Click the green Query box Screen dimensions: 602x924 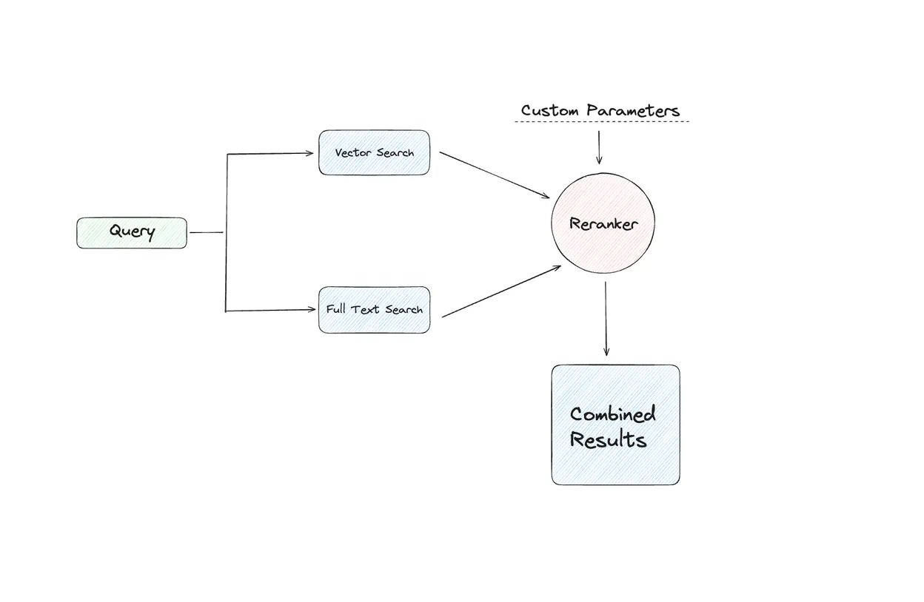(x=132, y=232)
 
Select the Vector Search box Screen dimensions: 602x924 (x=374, y=152)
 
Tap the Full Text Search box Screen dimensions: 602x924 (x=374, y=309)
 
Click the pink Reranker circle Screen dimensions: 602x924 (x=603, y=223)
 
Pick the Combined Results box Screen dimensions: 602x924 (x=615, y=425)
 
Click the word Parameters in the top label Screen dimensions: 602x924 (x=633, y=111)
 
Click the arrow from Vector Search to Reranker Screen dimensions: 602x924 (x=495, y=175)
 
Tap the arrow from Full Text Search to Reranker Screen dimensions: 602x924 (x=500, y=291)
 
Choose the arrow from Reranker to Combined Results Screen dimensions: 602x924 (x=606, y=318)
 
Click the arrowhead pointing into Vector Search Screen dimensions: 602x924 (x=310, y=154)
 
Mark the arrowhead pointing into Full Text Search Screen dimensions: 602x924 (x=311, y=311)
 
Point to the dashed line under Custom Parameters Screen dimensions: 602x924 (x=602, y=121)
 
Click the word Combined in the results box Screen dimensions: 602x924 (x=612, y=413)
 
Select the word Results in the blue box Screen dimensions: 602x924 (x=608, y=440)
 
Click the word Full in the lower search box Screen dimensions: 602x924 (x=337, y=309)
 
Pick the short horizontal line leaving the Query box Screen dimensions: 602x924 (x=207, y=232)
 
